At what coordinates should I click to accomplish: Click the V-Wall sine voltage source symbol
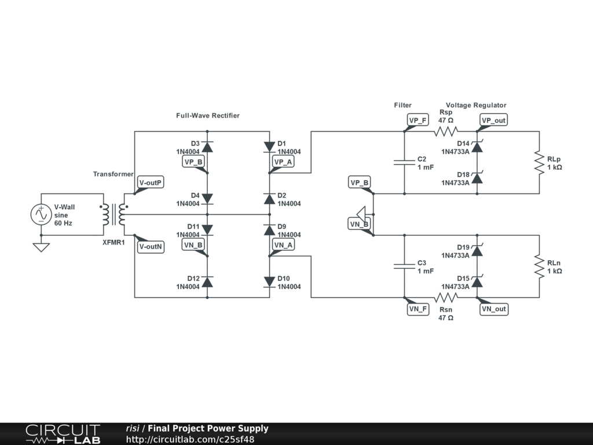(41, 214)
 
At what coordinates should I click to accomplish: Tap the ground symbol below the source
(41, 247)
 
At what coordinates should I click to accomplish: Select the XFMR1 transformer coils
(114, 214)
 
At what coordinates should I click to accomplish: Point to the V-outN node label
(151, 246)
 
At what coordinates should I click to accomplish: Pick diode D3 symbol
(207, 147)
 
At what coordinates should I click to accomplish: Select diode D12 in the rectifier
(207, 282)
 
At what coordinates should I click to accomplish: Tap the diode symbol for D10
(269, 282)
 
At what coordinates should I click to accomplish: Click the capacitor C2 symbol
(404, 162)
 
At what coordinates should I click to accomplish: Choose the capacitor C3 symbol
(404, 267)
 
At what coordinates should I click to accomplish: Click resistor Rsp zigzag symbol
(446, 132)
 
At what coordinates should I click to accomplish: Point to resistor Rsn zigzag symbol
(446, 297)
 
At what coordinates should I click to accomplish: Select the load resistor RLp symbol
(539, 162)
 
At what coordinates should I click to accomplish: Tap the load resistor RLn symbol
(539, 267)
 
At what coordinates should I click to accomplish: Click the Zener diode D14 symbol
(477, 147)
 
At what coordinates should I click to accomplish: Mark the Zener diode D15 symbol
(477, 282)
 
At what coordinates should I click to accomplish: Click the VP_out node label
(493, 121)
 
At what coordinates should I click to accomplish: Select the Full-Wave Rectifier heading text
(208, 115)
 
